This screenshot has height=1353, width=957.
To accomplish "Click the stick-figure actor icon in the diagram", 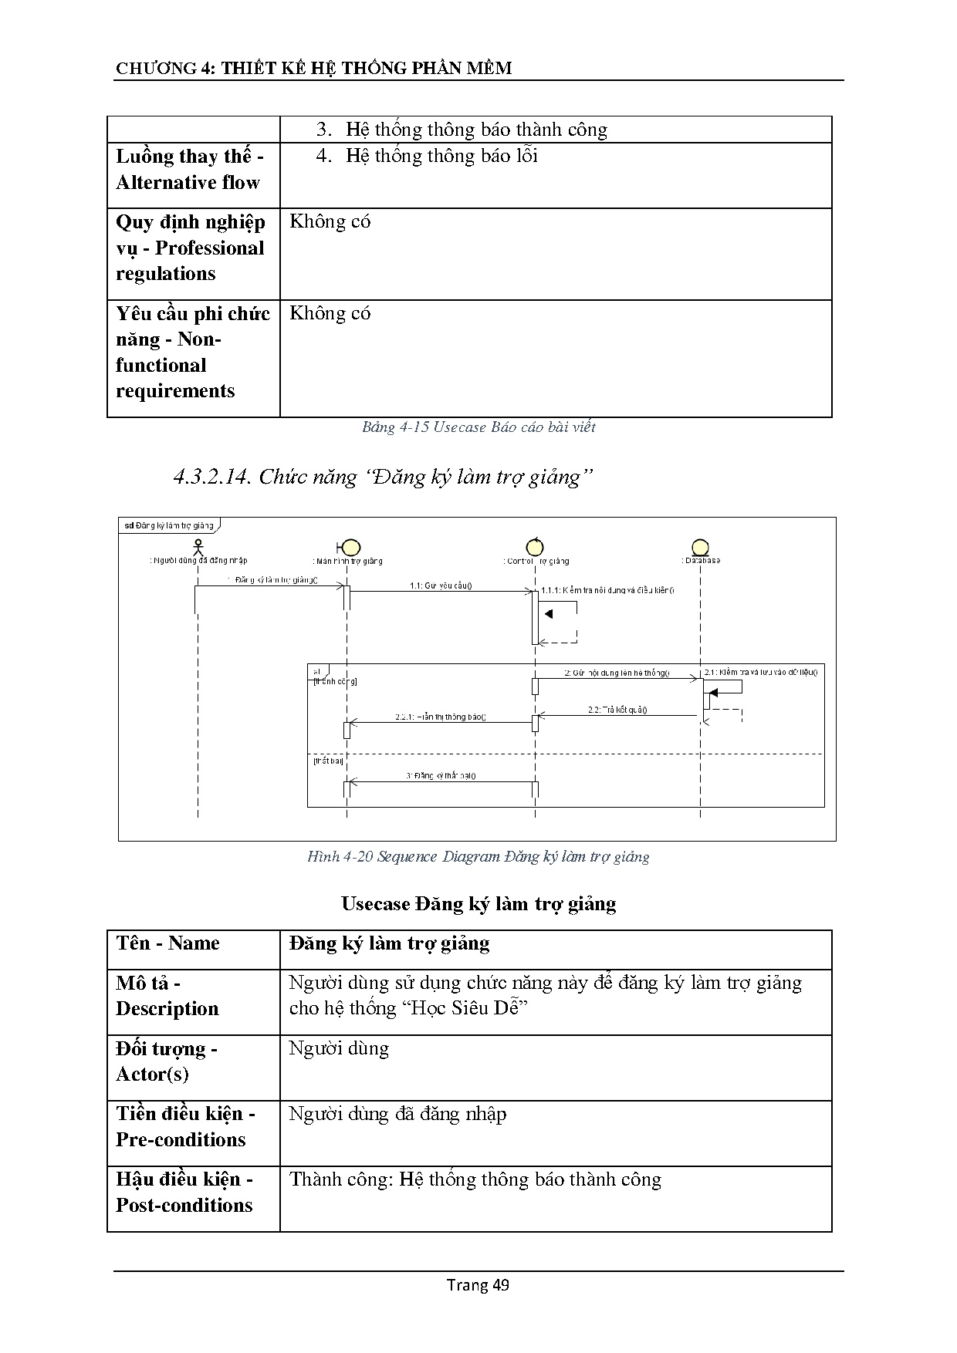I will [198, 547].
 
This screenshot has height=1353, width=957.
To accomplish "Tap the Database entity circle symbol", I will [700, 547].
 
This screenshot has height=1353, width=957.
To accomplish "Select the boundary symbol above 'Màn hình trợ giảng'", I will [349, 548].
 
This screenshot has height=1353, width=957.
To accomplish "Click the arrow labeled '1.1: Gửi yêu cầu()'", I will [440, 592].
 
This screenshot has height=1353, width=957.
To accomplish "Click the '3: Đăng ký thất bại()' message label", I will [441, 775].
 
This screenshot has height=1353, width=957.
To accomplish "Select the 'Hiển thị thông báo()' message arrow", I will [440, 723].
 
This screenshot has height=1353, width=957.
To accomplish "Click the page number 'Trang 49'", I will [478, 1284].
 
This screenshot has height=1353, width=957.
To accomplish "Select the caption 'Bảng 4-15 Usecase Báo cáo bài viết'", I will [478, 427].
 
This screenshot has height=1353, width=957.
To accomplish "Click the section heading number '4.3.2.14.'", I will [213, 477].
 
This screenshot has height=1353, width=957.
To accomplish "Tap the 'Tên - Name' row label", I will [167, 943].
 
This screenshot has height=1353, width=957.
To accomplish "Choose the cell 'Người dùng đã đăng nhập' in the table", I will [397, 1114].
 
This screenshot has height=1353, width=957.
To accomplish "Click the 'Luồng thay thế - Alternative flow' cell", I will [190, 170].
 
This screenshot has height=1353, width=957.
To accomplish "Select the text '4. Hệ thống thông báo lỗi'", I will [427, 156].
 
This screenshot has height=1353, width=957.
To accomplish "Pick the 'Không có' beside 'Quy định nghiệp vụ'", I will [330, 222].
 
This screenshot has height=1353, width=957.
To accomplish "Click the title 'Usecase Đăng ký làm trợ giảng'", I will [478, 903].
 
